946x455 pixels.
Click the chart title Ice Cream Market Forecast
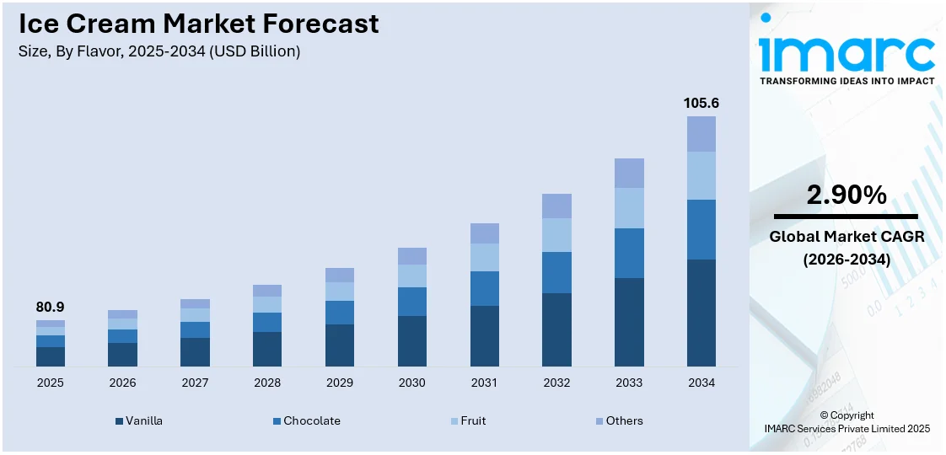[x=199, y=24]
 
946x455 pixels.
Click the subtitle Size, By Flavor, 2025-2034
[x=159, y=51]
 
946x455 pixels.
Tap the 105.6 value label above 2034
[x=701, y=103]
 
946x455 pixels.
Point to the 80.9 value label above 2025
[x=50, y=308]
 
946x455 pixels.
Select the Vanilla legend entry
[x=139, y=420]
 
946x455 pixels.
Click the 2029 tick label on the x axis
[x=340, y=383]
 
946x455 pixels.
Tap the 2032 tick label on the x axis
[x=556, y=383]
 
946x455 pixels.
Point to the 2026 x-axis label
[x=122, y=383]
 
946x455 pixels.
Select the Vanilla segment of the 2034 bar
[x=701, y=313]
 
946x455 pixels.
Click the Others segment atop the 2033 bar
[x=629, y=173]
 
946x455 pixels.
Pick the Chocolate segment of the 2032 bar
[x=556, y=272]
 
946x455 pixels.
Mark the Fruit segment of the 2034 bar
[x=701, y=175]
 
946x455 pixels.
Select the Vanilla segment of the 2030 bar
[x=411, y=340]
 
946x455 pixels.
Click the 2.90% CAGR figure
[x=847, y=195]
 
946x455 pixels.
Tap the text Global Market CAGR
[x=847, y=237]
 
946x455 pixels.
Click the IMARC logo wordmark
[x=847, y=52]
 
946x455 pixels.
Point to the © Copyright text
[x=847, y=415]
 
